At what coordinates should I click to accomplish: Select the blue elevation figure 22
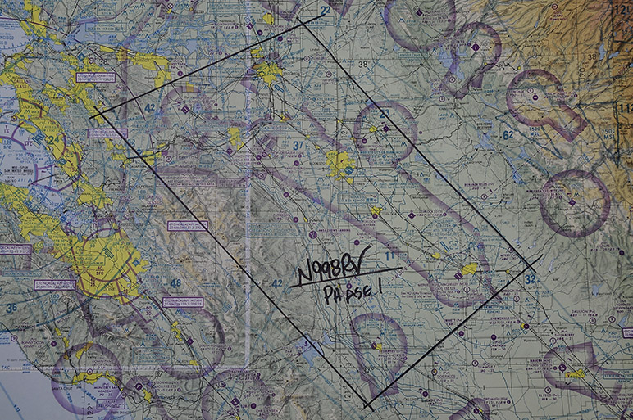point(326,11)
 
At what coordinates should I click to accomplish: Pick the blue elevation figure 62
point(508,135)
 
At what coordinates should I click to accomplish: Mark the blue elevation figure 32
point(530,278)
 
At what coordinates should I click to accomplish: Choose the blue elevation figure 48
point(175,284)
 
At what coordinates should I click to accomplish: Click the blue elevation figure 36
point(11,308)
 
